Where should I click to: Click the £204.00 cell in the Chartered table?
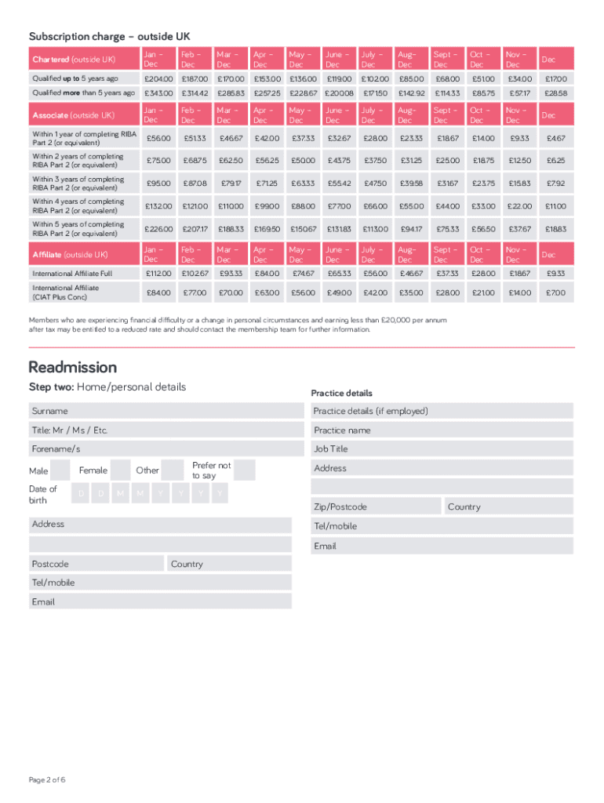pyautogui.click(x=158, y=79)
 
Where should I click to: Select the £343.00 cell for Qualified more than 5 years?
pyautogui.click(x=158, y=93)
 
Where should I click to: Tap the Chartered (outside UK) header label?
pyautogui.click(x=74, y=60)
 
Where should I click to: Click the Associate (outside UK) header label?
pyautogui.click(x=74, y=115)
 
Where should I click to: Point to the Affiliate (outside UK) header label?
pyautogui.click(x=71, y=255)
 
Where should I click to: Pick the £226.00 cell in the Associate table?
pyautogui.click(x=158, y=229)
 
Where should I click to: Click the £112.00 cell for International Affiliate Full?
pyautogui.click(x=158, y=274)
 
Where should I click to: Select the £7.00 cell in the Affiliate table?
pyautogui.click(x=555, y=293)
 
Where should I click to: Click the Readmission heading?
pyautogui.click(x=72, y=368)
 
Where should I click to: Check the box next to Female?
pyautogui.click(x=120, y=471)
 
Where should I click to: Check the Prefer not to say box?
pyautogui.click(x=245, y=471)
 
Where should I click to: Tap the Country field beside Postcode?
pyautogui.click(x=228, y=564)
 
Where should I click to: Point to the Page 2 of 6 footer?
pyautogui.click(x=47, y=779)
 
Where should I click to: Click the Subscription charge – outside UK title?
pyautogui.click(x=109, y=37)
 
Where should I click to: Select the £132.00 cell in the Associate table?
pyautogui.click(x=158, y=206)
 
